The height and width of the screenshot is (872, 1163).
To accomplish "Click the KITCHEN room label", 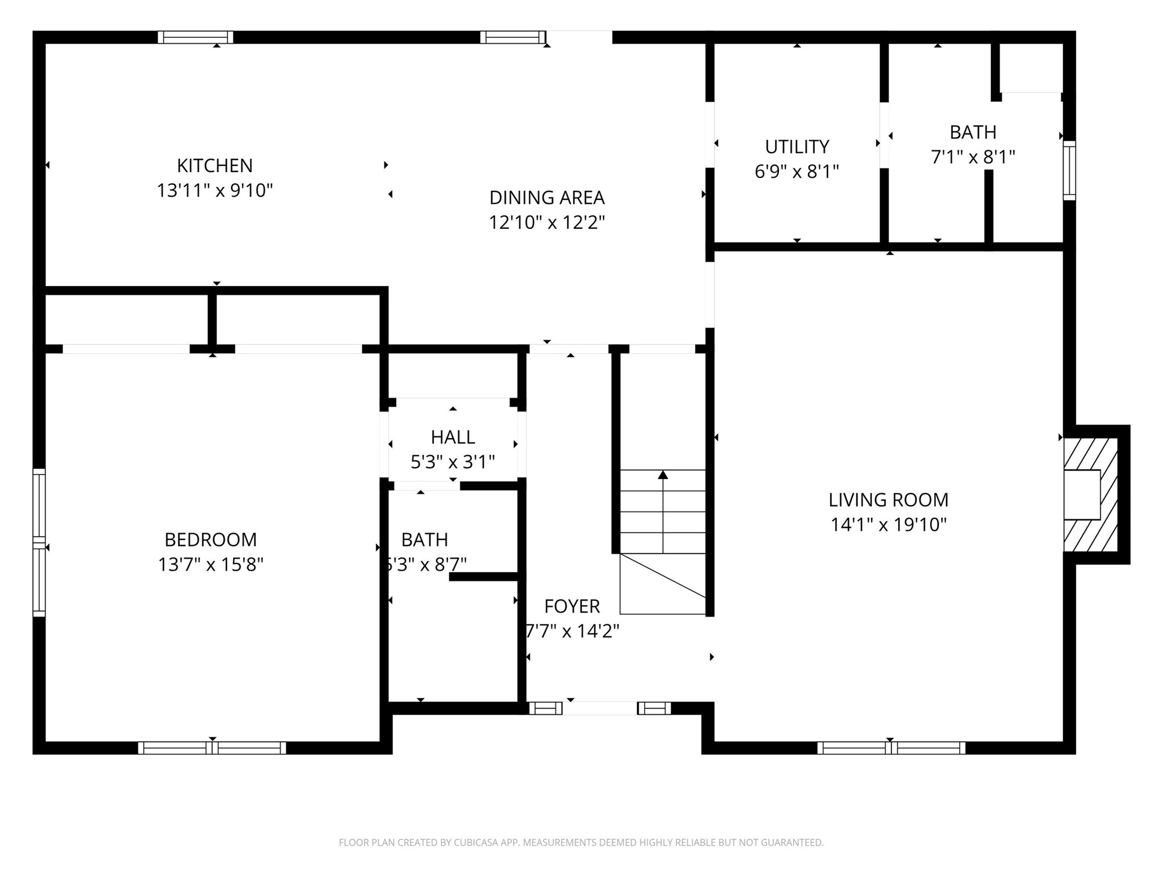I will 215,166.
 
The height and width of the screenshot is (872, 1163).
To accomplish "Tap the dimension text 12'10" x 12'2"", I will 547,222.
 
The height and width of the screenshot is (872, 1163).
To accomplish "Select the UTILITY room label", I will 797,147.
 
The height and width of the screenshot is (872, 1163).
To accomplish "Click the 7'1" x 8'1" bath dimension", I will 973,157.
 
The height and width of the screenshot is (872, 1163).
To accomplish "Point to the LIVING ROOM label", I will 888,500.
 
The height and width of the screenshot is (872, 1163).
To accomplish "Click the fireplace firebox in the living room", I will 1081,494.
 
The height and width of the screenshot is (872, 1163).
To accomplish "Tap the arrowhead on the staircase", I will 663,475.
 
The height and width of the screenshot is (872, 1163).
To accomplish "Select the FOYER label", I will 572,606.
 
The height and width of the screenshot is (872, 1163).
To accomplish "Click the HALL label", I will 453,437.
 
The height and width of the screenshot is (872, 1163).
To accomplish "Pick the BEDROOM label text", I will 211,539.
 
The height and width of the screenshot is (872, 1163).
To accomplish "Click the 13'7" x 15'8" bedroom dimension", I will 211,565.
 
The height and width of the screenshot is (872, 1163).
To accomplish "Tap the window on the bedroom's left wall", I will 39,542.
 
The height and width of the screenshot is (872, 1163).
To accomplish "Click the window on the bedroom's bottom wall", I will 212,748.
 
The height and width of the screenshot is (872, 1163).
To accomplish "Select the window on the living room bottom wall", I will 890,748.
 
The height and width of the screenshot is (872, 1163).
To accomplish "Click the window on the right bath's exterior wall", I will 1069,170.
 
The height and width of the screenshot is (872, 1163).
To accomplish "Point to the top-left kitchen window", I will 195,37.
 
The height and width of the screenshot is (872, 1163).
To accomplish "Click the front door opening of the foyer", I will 600,708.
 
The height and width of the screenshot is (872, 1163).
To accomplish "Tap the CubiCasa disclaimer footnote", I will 581,842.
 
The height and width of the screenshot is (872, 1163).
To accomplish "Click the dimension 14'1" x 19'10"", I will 888,525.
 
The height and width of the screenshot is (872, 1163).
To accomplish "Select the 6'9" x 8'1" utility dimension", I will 797,171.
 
